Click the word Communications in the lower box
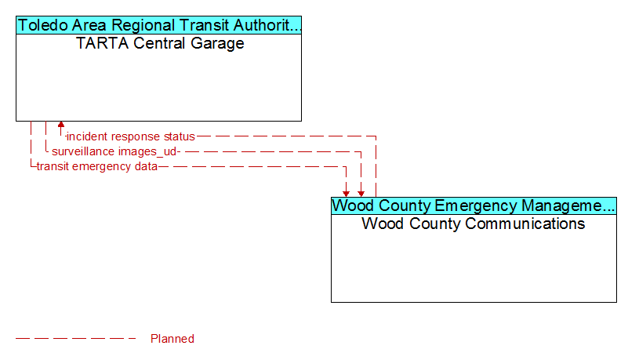tap(496, 224)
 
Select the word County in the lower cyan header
tap(404, 205)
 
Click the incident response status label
tap(131, 136)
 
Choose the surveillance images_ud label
tap(114, 151)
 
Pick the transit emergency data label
tap(97, 166)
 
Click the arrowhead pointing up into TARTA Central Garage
tap(61, 125)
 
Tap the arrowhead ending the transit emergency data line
tap(346, 194)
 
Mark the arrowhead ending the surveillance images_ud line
tap(361, 194)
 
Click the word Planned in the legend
tap(172, 339)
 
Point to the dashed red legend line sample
tap(76, 339)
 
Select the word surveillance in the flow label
tap(78, 151)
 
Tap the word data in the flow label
tap(146, 166)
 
